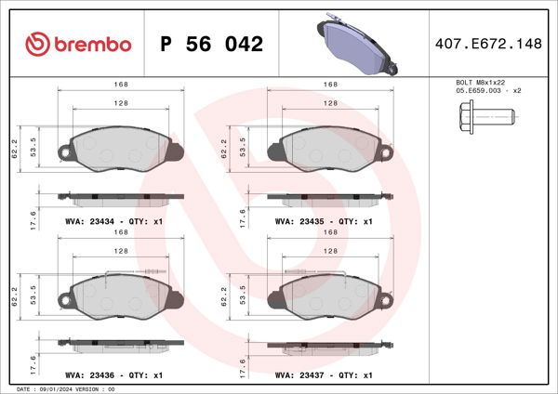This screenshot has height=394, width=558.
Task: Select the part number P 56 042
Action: [x=212, y=44]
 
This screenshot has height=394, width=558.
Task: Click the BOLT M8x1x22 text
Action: [x=481, y=84]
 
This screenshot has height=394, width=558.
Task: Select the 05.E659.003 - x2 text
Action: [x=488, y=92]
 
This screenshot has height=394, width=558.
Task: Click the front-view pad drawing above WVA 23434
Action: [x=119, y=150]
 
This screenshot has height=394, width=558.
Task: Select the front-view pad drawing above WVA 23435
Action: [x=328, y=150]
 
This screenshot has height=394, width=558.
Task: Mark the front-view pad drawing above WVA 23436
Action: [x=119, y=295]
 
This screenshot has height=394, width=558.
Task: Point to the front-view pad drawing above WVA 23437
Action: [x=328, y=295]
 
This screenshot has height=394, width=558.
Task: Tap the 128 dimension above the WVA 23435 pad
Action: [x=330, y=103]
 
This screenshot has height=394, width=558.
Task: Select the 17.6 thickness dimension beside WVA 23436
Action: [x=34, y=361]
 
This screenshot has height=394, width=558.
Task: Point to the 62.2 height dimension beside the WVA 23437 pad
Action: [x=223, y=296]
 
